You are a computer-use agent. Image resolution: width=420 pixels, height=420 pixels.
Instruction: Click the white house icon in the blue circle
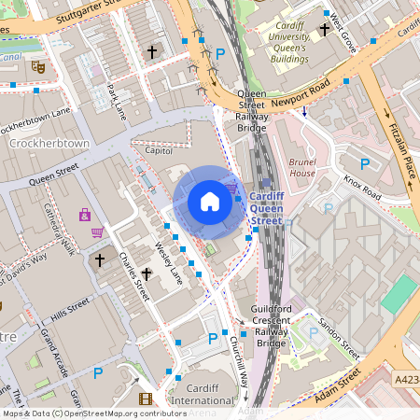pyautogui.click(x=210, y=202)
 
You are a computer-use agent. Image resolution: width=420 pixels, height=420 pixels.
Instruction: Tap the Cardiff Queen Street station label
pyautogui.click(x=267, y=208)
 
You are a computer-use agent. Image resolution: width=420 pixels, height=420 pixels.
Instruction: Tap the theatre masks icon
pyautogui.click(x=37, y=67)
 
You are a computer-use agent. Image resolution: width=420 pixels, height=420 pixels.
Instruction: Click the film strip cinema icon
pyautogui.click(x=145, y=399)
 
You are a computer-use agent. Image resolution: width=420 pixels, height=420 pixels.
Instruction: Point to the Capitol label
pyautogui.click(x=160, y=149)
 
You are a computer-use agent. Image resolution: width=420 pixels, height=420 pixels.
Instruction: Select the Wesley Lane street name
pyautogui.click(x=169, y=261)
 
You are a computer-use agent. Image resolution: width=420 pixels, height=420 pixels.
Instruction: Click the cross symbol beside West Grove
pyautogui.click(x=324, y=29)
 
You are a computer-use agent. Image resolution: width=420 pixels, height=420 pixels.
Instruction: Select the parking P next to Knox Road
pyautogui.click(x=365, y=164)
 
